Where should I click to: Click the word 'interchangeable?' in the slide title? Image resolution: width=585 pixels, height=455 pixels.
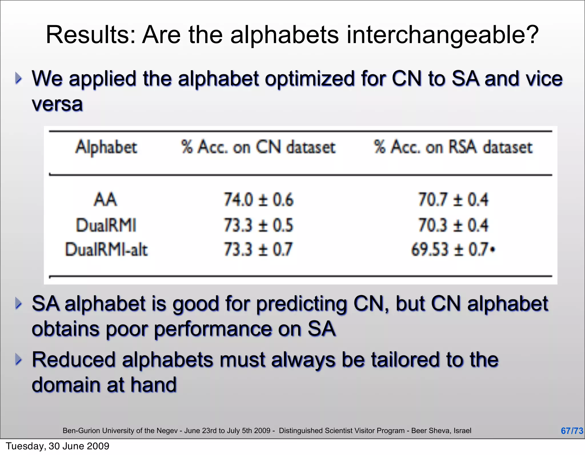pos(442,35)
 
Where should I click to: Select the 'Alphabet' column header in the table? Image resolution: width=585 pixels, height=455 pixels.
pos(106,147)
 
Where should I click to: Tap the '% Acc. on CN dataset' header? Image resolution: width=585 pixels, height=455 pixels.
pos(258,147)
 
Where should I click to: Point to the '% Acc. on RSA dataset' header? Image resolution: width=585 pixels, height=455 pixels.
pos(453,147)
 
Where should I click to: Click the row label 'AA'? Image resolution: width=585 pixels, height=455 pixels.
pos(105,199)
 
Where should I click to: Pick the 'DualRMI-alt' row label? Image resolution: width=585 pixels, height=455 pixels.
pos(107,249)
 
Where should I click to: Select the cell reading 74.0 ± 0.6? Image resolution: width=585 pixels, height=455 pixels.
pos(259,199)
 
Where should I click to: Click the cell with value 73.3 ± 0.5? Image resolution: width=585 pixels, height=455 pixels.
pos(259,225)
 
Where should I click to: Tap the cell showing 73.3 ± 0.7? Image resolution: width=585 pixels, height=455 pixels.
pos(259,249)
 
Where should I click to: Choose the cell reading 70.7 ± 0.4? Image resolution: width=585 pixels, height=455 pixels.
pos(453,199)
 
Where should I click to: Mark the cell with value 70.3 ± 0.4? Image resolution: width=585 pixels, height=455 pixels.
pos(453,225)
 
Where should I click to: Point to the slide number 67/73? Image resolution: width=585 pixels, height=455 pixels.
pos(572,431)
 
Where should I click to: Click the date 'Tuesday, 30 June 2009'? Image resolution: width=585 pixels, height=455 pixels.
pos(57,446)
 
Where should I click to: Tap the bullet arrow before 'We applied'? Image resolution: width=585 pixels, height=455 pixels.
pos(19,78)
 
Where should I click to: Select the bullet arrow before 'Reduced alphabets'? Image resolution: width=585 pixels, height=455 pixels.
pos(19,359)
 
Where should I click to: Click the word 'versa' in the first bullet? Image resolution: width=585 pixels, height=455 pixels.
pos(57,104)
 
